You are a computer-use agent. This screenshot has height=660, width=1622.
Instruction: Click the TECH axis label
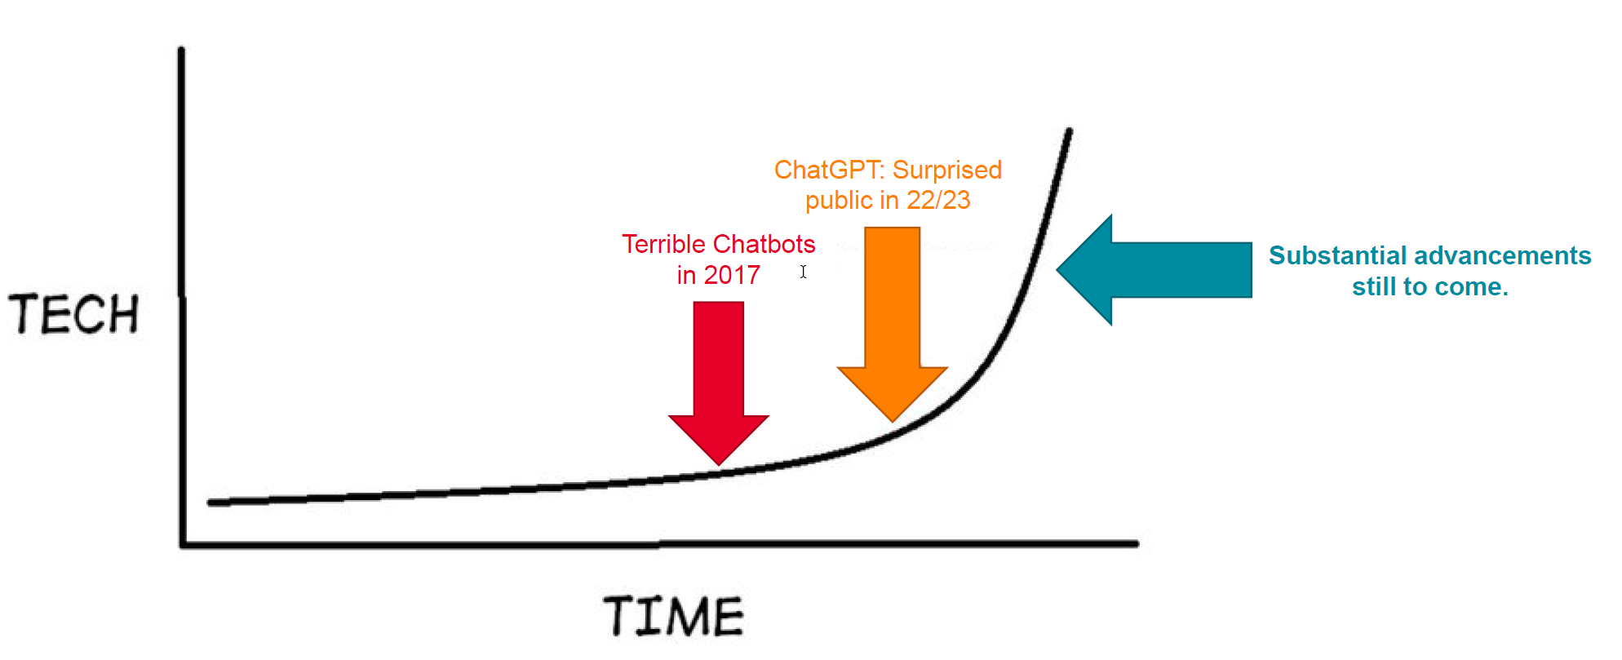[74, 314]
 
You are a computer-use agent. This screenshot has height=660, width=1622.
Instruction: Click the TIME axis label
[674, 616]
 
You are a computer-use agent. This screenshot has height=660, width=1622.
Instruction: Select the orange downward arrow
[893, 324]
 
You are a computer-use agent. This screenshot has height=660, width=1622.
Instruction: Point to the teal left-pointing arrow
[1154, 270]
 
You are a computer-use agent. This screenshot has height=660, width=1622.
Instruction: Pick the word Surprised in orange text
[947, 170]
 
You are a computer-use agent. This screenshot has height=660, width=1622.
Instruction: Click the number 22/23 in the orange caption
[939, 200]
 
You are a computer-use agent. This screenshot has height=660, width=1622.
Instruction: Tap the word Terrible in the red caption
[663, 244]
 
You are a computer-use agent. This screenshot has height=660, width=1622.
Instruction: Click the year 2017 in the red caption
[732, 275]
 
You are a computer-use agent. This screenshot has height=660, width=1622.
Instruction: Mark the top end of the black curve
[1070, 131]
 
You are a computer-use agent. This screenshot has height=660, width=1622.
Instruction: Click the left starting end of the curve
[211, 503]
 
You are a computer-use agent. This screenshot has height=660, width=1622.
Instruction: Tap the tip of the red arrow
[719, 465]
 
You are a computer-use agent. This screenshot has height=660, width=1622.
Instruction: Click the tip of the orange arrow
[893, 421]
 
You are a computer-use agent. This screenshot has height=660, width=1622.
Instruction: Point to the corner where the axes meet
[183, 544]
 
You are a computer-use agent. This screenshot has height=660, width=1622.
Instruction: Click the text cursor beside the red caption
[804, 272]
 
